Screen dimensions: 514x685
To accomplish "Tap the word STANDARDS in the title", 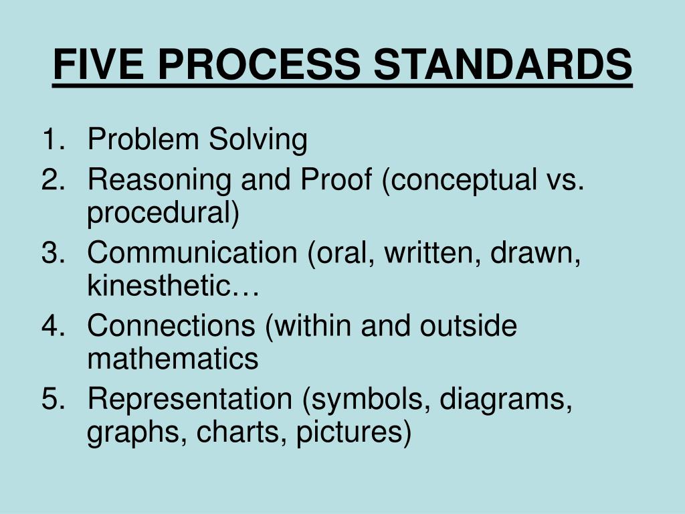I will pos(502,65).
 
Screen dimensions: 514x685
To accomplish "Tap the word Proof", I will pos(337,179).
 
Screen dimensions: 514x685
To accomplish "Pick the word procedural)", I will pos(163,214).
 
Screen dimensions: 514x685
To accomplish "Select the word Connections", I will pos(171,326).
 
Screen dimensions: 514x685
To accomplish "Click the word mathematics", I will pos(173,359).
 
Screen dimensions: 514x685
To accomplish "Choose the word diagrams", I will pos(506,400).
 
